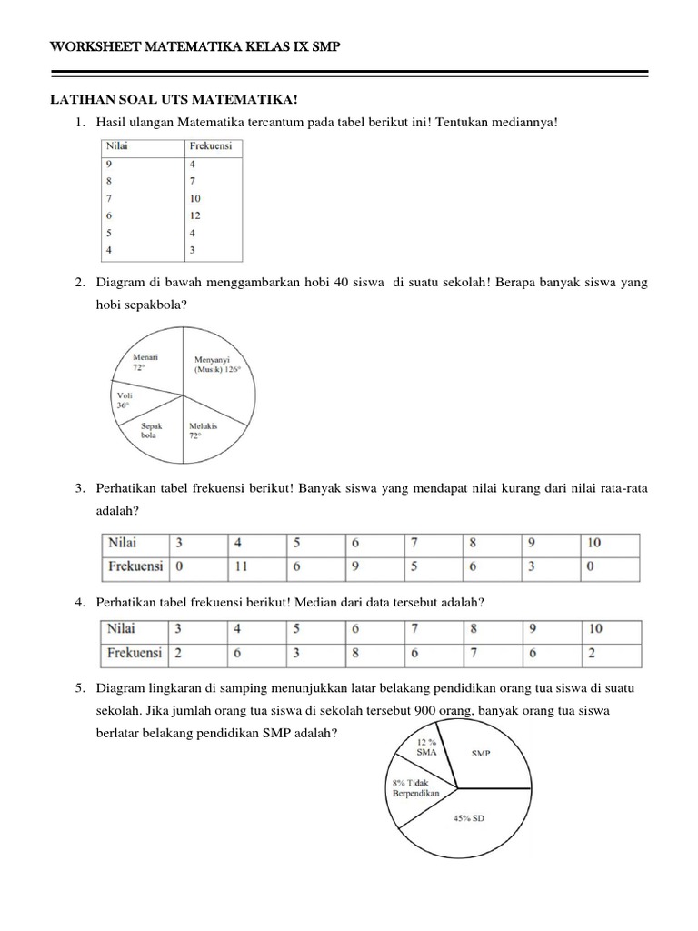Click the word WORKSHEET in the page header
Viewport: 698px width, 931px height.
click(x=93, y=46)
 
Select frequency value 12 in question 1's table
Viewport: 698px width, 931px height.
click(x=195, y=215)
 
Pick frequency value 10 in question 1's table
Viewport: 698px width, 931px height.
click(x=195, y=198)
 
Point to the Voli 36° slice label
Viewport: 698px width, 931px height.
click(x=125, y=401)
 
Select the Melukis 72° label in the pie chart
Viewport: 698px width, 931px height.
click(x=201, y=430)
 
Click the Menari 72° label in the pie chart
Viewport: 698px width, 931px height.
click(x=145, y=363)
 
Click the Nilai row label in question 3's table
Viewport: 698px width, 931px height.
click(x=123, y=543)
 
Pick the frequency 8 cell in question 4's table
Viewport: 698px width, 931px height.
click(x=355, y=653)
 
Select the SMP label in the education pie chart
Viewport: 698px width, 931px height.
click(x=482, y=753)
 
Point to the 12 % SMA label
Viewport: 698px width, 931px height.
click(x=426, y=746)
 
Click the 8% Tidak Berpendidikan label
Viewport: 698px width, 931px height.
click(x=415, y=787)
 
